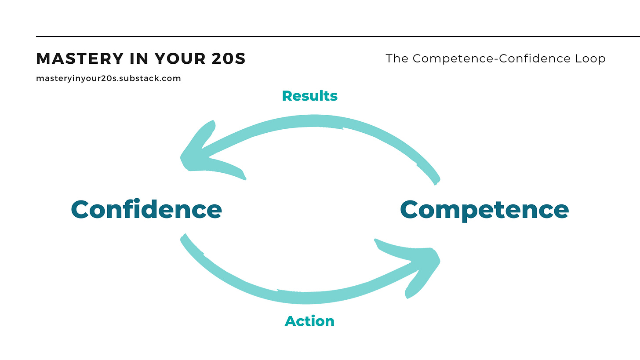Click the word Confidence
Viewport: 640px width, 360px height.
point(146,209)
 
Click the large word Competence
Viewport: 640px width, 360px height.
point(484,209)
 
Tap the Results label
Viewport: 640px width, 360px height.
point(309,96)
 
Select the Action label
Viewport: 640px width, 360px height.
point(309,321)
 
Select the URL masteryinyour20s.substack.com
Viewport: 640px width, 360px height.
point(108,79)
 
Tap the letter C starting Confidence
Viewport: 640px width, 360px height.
point(84,209)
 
